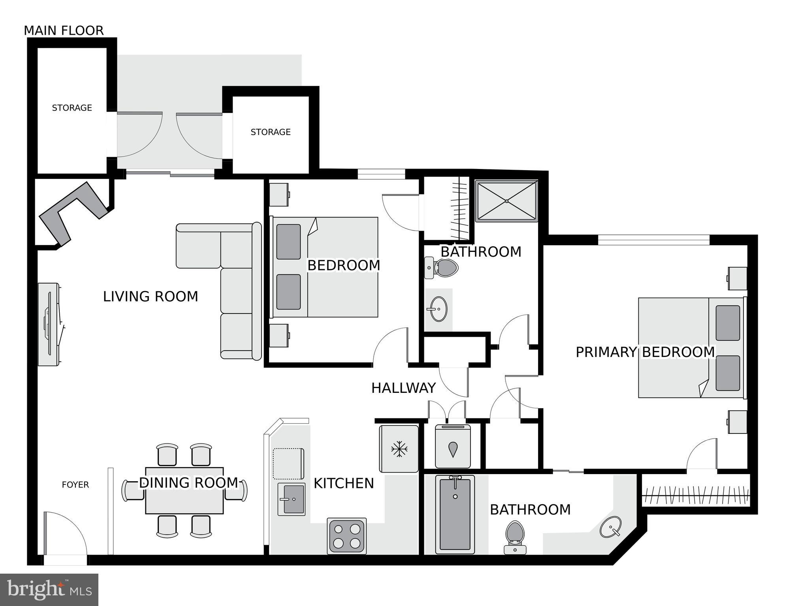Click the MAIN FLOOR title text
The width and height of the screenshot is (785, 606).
(x=64, y=30)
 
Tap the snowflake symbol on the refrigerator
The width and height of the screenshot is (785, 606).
(x=399, y=449)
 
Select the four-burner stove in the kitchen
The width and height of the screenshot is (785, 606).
(x=347, y=536)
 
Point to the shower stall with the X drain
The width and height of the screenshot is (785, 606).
(x=506, y=201)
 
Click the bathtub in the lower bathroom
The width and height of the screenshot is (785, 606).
(x=455, y=514)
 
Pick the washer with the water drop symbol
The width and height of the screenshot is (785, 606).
(x=453, y=447)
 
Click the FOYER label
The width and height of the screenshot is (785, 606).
(x=75, y=485)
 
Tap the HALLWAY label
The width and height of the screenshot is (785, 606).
(x=403, y=388)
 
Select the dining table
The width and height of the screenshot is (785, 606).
(x=184, y=491)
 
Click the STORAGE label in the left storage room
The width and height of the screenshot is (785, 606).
(x=72, y=108)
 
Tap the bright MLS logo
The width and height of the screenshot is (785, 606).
(x=49, y=590)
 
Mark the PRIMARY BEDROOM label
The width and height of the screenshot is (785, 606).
(x=645, y=352)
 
